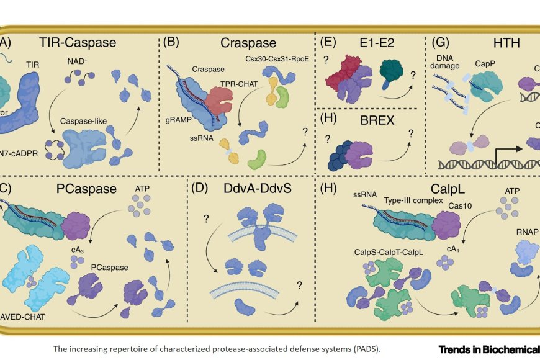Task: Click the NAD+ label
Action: (78, 61)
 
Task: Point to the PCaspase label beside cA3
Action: (109, 267)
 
